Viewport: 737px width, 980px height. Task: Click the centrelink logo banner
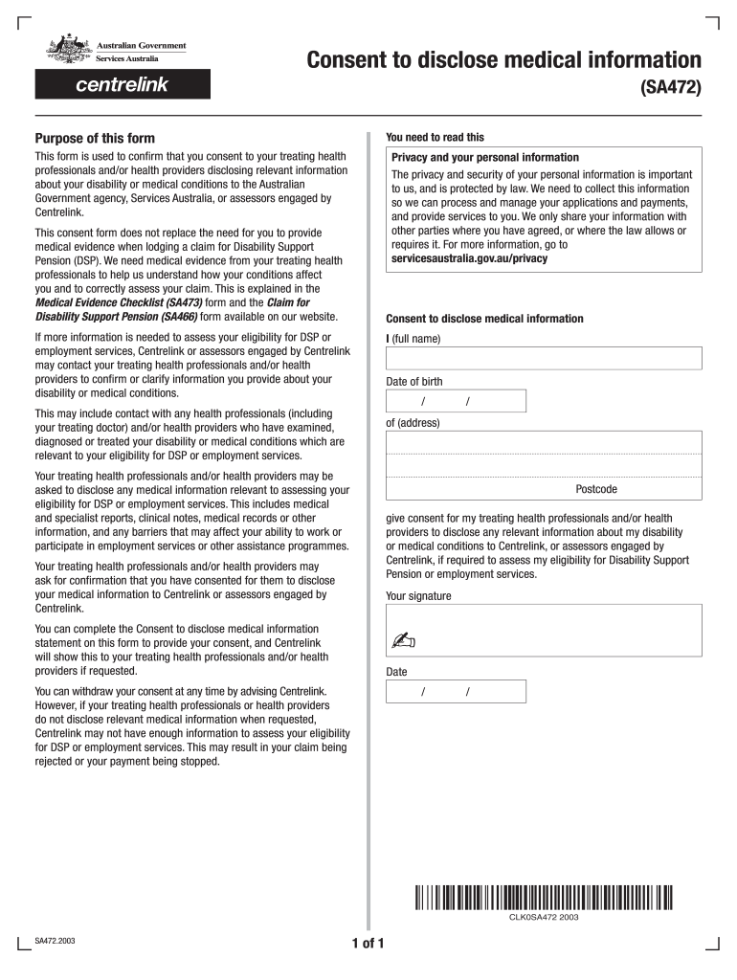pyautogui.click(x=123, y=84)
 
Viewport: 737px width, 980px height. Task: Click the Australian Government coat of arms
pyautogui.click(x=65, y=50)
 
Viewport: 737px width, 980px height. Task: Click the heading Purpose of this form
pyautogui.click(x=95, y=138)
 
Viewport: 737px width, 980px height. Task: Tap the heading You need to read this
pyautogui.click(x=435, y=137)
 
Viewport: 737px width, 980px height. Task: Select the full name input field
pyautogui.click(x=544, y=358)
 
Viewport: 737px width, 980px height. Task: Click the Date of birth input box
pyautogui.click(x=456, y=401)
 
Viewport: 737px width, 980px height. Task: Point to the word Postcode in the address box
pyautogui.click(x=596, y=489)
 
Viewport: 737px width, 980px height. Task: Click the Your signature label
pyautogui.click(x=418, y=596)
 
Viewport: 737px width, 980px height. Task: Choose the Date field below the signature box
pyautogui.click(x=456, y=691)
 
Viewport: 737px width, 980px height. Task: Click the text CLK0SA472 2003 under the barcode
pyautogui.click(x=544, y=918)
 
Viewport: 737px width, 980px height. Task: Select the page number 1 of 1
pyautogui.click(x=368, y=945)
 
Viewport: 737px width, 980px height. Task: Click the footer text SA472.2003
pyautogui.click(x=56, y=941)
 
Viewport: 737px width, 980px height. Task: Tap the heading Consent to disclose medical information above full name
pyautogui.click(x=484, y=319)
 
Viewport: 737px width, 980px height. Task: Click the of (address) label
pyautogui.click(x=413, y=422)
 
